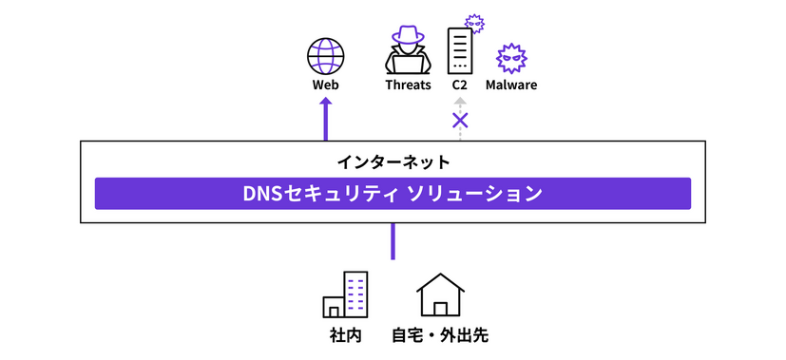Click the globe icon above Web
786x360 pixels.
point(326,55)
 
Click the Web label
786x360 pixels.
point(326,85)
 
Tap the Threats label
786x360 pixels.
point(408,85)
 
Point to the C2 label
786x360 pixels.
point(460,85)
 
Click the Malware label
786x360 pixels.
point(511,85)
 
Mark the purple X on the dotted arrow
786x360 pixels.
point(460,121)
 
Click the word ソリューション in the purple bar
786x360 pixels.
point(474,194)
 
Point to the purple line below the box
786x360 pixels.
point(393,241)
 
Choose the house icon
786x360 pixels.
point(441,295)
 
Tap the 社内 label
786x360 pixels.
point(345,335)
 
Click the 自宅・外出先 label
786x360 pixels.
point(440,335)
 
